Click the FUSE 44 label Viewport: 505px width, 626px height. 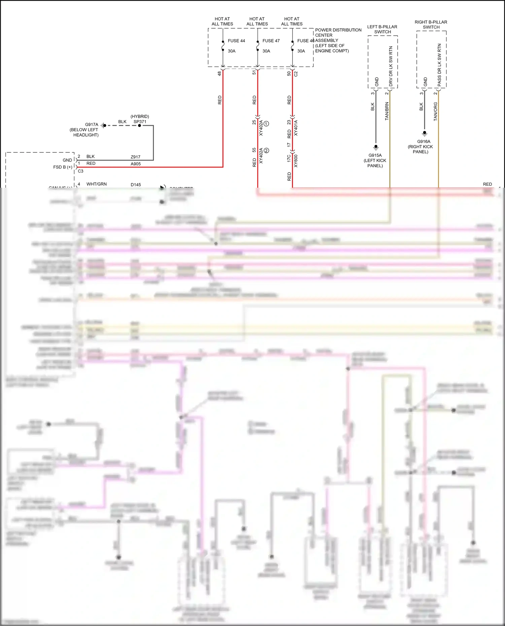coord(236,41)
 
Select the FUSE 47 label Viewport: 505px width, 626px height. coord(271,41)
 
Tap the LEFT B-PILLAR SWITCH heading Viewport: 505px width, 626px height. coord(382,29)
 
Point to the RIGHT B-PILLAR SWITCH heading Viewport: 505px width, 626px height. coord(431,25)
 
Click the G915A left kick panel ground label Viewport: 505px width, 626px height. coord(375,160)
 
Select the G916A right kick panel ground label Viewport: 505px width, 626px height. coord(420,147)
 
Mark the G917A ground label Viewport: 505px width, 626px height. coord(92,124)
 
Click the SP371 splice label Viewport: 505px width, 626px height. coord(140,122)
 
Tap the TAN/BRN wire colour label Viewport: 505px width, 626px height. coord(387,111)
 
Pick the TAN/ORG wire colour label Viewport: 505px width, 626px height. coord(435,112)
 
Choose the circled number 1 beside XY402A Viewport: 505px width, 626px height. coord(266,124)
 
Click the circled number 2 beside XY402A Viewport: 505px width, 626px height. coord(266,151)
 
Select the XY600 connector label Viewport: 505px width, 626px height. coord(296,161)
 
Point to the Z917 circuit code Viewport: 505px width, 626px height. coord(136,157)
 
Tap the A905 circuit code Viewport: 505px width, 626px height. coord(136,164)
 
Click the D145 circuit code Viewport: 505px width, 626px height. coord(136,185)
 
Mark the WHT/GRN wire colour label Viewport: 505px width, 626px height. coord(97,184)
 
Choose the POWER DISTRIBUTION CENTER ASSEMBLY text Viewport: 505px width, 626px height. coord(338,40)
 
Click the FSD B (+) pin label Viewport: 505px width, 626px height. coord(63,167)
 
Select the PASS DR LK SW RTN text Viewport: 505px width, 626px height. coord(439,65)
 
